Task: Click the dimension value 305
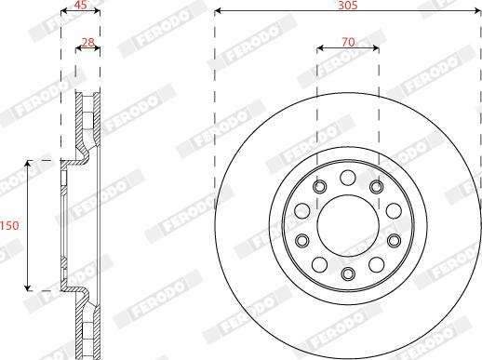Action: [348, 5]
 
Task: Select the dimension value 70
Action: [348, 42]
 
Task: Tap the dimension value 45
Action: [80, 5]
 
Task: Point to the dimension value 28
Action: [88, 42]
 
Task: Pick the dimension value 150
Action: [9, 225]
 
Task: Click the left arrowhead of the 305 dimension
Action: [218, 11]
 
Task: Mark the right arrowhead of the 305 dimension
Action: [477, 11]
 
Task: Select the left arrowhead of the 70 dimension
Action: [320, 48]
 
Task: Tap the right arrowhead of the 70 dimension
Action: [375, 48]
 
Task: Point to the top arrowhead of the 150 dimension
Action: [28, 164]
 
